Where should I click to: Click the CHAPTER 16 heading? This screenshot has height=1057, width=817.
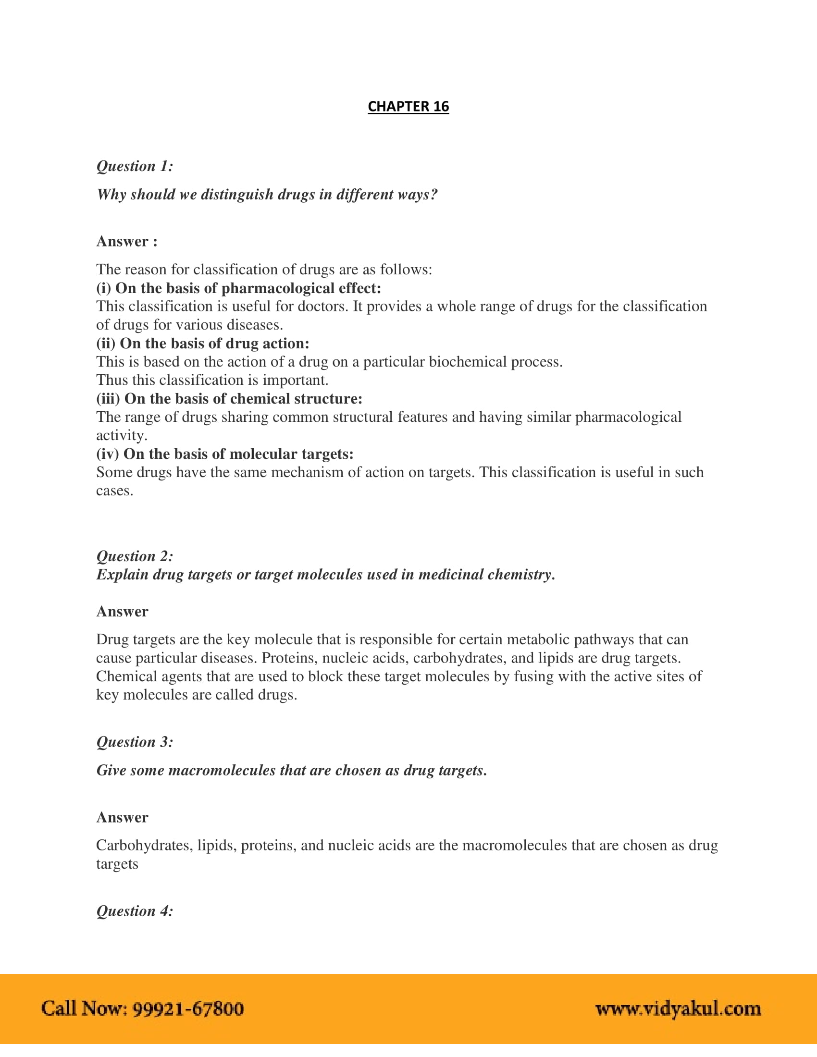408,107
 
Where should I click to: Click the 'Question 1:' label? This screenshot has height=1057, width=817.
135,166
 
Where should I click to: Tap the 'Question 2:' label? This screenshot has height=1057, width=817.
135,555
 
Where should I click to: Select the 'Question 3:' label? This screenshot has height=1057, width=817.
135,741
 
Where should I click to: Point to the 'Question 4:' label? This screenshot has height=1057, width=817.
135,911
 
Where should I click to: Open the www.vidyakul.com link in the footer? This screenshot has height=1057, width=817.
678,1008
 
